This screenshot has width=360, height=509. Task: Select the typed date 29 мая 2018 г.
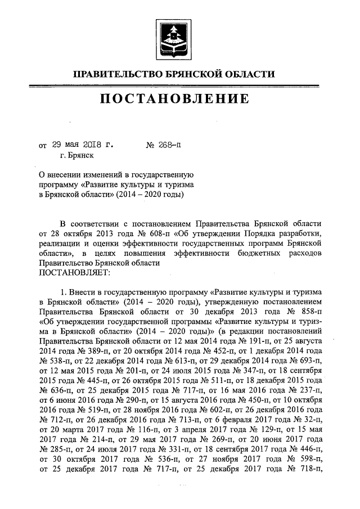84,144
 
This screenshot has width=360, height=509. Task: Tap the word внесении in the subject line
69,175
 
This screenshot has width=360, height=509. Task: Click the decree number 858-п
308,310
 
